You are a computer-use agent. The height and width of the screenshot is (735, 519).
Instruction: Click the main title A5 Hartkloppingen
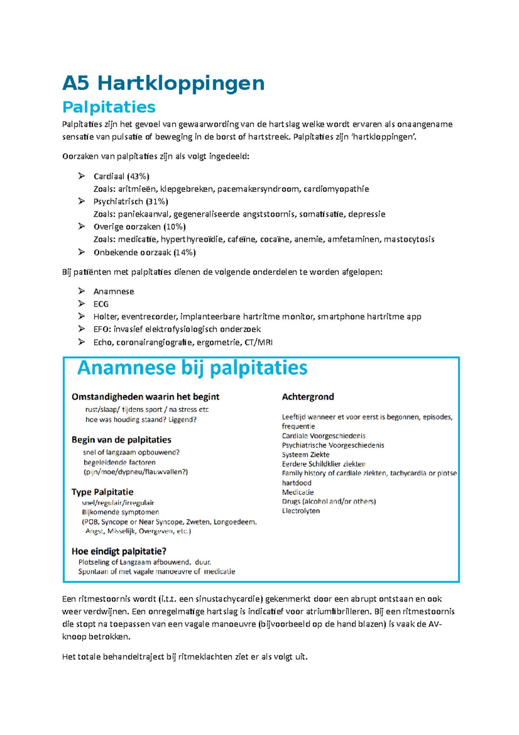point(163,83)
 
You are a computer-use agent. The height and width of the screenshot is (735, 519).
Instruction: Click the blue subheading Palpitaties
point(109,107)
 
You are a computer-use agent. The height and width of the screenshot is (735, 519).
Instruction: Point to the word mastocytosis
point(409,239)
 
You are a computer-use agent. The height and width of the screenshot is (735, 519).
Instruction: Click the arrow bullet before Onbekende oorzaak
point(81,252)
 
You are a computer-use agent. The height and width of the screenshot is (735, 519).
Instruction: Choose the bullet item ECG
point(101,304)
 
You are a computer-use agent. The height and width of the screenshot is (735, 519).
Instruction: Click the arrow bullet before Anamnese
point(81,291)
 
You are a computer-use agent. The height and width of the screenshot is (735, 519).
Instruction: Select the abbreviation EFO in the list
point(101,329)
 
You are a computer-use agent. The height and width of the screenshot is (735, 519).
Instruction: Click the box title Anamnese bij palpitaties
point(192,368)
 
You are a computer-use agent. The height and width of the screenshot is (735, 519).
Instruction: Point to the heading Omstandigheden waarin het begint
point(145,397)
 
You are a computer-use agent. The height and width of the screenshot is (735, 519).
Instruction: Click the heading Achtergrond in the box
point(308,397)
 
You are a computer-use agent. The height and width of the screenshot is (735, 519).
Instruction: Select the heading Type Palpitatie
point(102,492)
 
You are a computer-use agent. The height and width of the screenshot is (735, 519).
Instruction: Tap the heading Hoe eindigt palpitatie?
point(119,551)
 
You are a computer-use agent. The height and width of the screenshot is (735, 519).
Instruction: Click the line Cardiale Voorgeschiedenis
point(324,436)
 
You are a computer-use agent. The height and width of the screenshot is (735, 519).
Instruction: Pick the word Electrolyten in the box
point(301,511)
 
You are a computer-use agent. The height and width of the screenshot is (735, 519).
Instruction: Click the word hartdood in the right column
point(296,483)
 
